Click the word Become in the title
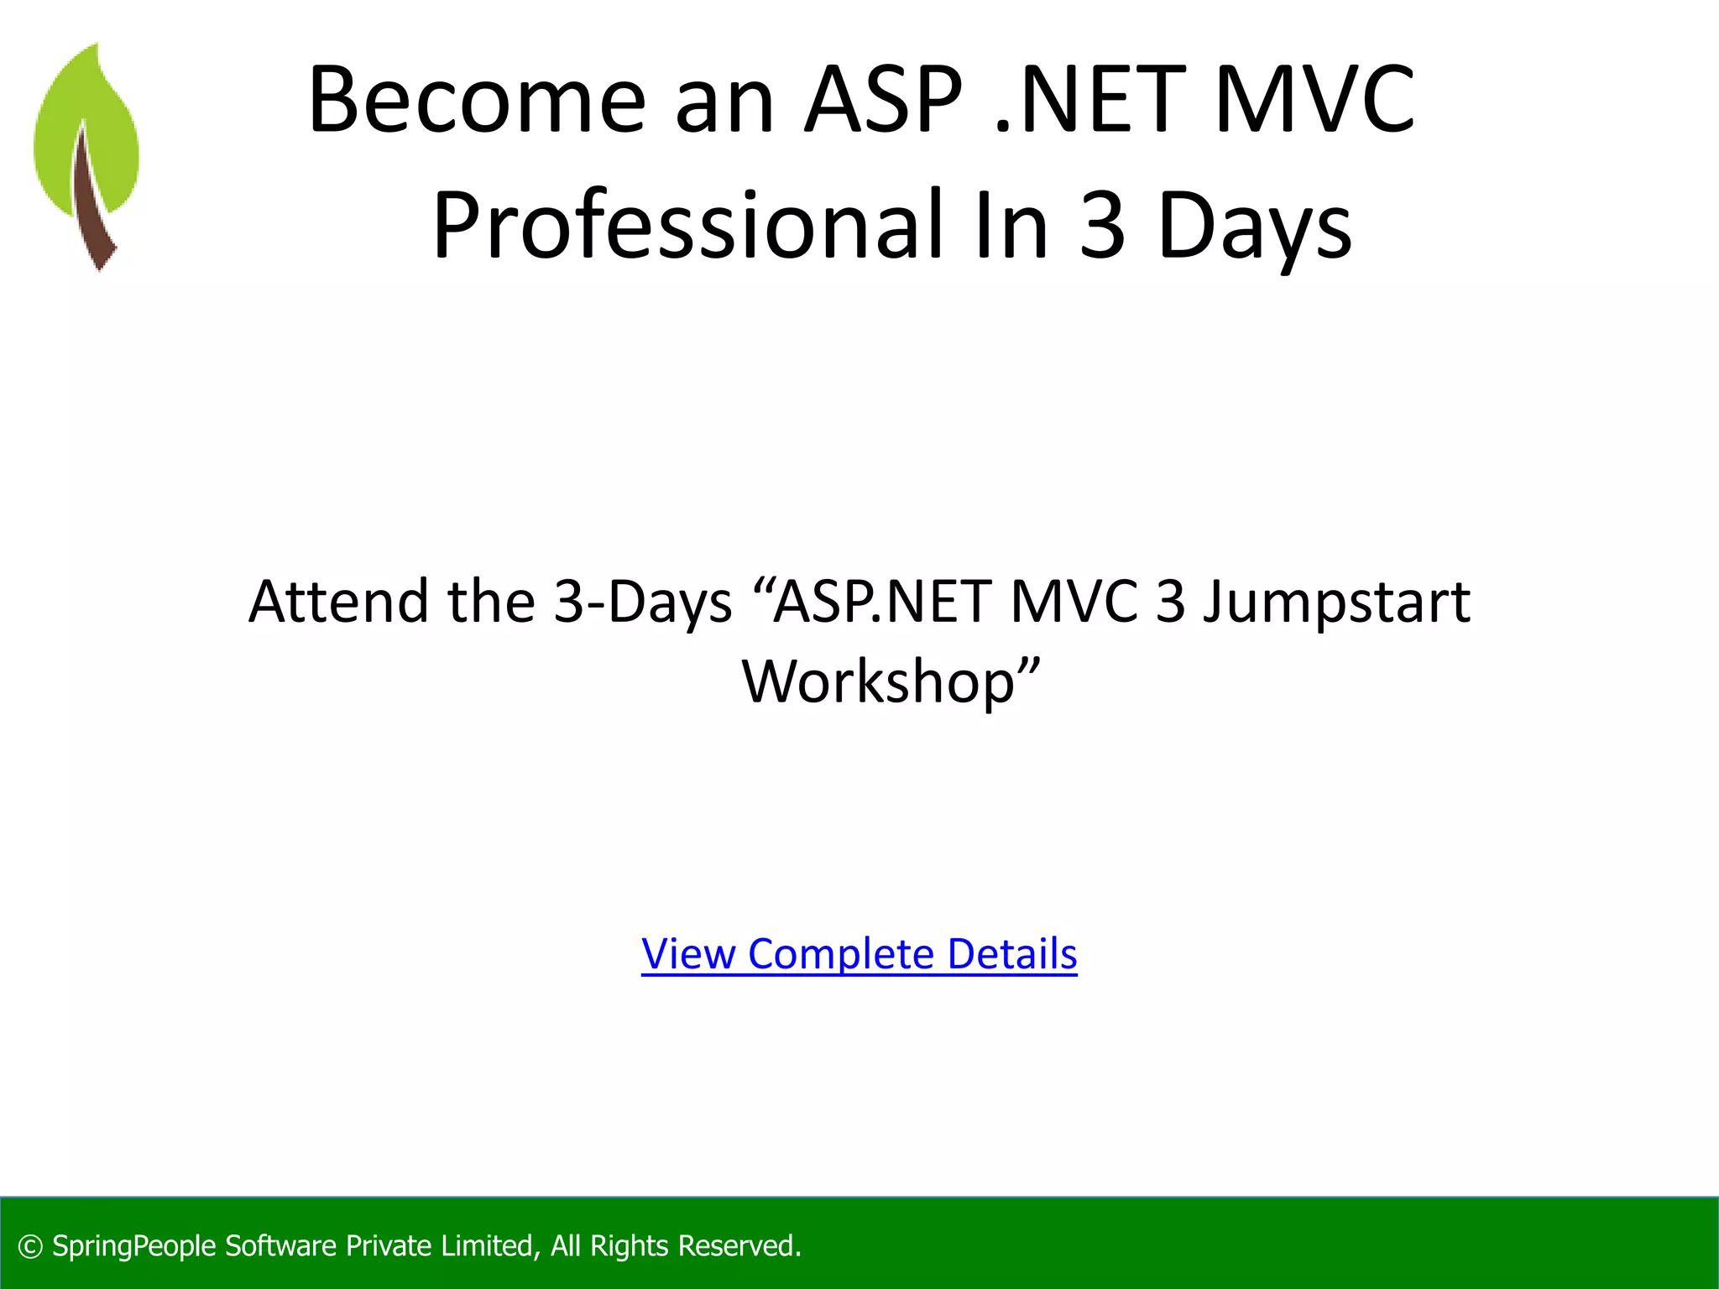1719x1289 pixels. click(x=477, y=101)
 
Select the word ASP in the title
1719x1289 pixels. click(x=883, y=101)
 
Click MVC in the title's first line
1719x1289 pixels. click(x=1314, y=101)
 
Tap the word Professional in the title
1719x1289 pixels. click(x=693, y=225)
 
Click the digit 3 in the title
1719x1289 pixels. click(x=1101, y=225)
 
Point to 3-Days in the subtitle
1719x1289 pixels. click(x=643, y=603)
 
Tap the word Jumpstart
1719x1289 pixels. click(x=1336, y=603)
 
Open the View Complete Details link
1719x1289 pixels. click(x=859, y=954)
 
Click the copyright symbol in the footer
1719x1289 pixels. click(x=30, y=1246)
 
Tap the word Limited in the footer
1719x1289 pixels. click(x=489, y=1246)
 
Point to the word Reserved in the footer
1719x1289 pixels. click(x=739, y=1246)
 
